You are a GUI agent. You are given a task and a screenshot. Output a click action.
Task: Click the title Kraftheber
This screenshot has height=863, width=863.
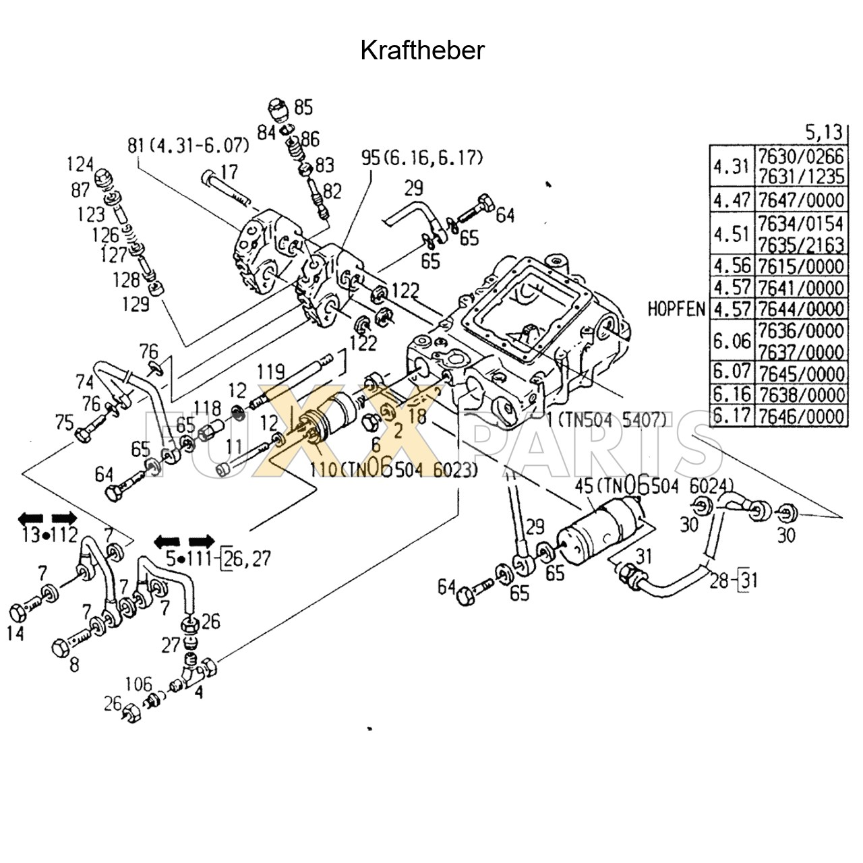[422, 51]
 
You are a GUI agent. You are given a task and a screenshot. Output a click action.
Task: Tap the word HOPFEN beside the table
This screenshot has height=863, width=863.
[676, 309]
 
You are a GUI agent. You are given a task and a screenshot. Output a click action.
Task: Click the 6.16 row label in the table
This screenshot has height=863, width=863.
[732, 394]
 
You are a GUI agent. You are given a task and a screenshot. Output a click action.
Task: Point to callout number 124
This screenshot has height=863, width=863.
[80, 164]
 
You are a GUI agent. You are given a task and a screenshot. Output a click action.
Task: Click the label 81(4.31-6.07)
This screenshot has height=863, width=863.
[188, 145]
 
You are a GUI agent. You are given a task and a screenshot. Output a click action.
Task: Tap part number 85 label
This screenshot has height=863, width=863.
[303, 107]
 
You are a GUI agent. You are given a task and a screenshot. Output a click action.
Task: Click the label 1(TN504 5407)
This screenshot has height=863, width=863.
[606, 420]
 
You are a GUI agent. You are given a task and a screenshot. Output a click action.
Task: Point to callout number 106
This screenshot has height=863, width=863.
[138, 685]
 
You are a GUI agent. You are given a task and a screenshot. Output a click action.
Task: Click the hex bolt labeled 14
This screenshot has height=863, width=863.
[20, 614]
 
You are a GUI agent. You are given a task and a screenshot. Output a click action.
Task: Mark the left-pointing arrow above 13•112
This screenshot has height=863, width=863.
[30, 518]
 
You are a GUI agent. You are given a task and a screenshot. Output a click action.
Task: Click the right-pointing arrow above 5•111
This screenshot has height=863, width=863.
[202, 541]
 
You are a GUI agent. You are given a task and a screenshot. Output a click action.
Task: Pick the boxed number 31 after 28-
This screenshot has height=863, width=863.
[748, 579]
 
